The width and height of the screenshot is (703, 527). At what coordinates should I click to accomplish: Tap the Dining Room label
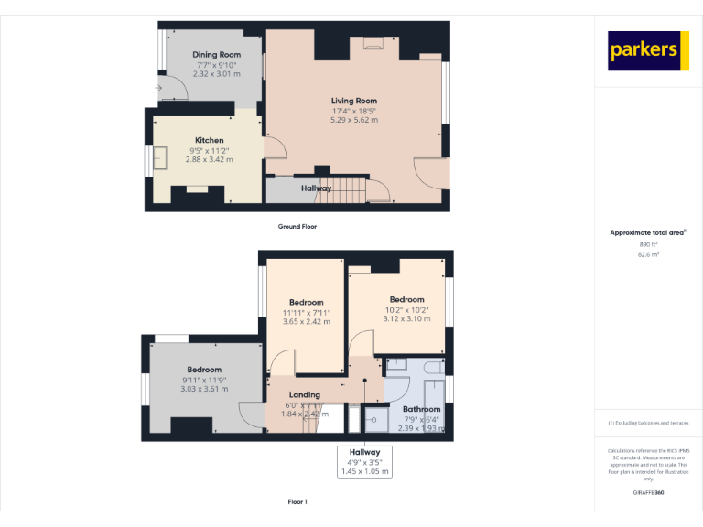click(217, 55)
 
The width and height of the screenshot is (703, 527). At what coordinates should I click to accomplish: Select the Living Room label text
click(354, 101)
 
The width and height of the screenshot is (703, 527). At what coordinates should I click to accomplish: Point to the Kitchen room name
click(209, 140)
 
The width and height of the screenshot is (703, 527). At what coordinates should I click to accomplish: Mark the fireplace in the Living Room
click(372, 41)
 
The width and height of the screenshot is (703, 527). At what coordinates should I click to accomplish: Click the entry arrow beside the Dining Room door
click(158, 88)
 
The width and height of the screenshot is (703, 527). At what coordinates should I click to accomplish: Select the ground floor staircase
click(348, 190)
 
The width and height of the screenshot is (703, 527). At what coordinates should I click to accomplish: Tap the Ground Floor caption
click(297, 226)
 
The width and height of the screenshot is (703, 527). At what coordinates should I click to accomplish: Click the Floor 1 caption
click(297, 502)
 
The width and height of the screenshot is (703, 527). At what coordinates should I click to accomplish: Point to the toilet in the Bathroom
click(397, 364)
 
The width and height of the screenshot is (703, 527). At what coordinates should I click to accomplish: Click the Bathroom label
click(421, 409)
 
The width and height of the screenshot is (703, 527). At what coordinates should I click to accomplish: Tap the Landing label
click(305, 394)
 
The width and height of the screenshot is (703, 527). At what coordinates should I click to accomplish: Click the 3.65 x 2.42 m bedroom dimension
click(307, 322)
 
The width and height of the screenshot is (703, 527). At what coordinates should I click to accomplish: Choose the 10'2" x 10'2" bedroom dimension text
click(407, 309)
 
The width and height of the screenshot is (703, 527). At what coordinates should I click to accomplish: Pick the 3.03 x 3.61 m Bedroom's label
click(204, 370)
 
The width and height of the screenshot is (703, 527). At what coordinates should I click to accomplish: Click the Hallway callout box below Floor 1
click(365, 462)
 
